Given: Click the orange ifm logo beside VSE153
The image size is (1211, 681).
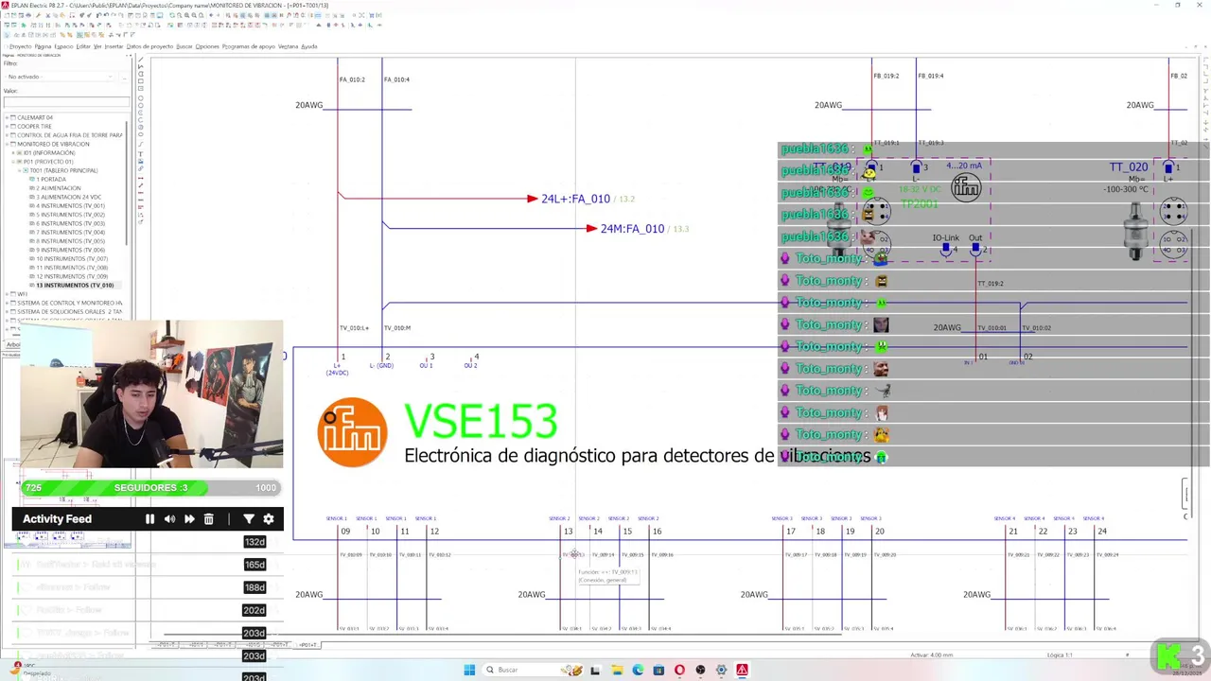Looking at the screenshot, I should tap(352, 432).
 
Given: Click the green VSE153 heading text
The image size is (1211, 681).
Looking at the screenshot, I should tap(481, 422).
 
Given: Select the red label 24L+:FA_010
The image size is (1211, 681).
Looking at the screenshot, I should tap(575, 199).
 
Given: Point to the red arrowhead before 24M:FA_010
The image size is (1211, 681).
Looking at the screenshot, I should tap(591, 229).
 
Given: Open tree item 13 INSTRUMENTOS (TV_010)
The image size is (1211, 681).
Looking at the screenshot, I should tap(75, 285).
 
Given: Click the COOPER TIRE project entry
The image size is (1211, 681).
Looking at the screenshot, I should tap(34, 126).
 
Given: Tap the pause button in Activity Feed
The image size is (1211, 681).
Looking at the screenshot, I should tap(149, 519).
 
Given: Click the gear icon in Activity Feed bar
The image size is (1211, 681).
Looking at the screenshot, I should tap(269, 519).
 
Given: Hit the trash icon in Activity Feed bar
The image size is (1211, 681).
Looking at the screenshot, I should tap(209, 519).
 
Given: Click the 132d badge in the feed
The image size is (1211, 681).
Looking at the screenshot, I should tap(254, 542).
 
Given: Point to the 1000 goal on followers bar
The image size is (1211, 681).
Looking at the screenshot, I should tap(266, 488).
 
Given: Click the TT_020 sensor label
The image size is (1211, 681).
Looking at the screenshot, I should tap(1129, 167).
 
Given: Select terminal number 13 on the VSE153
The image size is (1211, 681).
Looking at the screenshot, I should tap(568, 532).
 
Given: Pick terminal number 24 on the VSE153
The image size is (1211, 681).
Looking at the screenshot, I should tap(1101, 532).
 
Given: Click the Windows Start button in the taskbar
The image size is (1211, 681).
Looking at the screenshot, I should tap(469, 670).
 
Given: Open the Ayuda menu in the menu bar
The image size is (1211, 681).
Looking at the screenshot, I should tap(309, 46).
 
